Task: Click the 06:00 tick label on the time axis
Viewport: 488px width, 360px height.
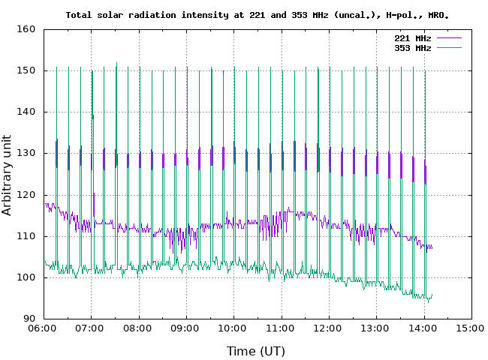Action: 43,328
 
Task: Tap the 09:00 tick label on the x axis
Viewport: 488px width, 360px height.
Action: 185,328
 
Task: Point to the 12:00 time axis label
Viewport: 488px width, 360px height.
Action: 328,328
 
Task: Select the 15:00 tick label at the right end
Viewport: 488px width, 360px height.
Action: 471,328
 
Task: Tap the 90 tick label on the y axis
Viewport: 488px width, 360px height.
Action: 29,319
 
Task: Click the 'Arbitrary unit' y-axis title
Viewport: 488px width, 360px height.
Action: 8,174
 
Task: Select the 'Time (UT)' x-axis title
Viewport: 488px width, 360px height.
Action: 256,350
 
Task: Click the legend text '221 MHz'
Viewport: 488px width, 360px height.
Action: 413,38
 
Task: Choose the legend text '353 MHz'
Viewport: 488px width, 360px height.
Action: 413,48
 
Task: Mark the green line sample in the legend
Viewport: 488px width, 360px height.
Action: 448,48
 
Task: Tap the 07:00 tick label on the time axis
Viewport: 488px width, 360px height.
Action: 90,328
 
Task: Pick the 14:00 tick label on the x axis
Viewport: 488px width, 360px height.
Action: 423,328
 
